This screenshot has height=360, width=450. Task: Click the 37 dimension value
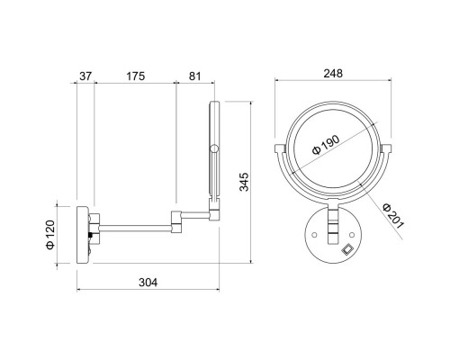pyautogui.click(x=85, y=76)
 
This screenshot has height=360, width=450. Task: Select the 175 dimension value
pyautogui.click(x=135, y=76)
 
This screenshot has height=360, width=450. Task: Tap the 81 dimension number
pyautogui.click(x=194, y=76)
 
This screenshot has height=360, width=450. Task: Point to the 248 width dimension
pyautogui.click(x=333, y=73)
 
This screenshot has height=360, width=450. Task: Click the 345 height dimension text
pyautogui.click(x=244, y=182)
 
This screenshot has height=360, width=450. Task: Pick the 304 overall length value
pyautogui.click(x=148, y=283)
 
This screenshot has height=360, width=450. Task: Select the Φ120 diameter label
pyautogui.click(x=50, y=235)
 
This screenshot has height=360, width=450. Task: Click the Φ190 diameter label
pyautogui.click(x=326, y=145)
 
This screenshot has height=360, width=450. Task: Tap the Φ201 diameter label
pyautogui.click(x=393, y=216)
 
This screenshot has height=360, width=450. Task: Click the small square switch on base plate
pyautogui.click(x=348, y=249)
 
